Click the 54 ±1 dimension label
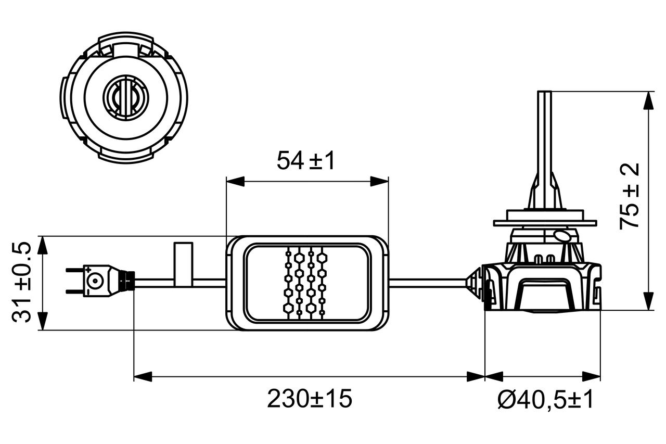point(306,161)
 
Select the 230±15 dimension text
point(310,399)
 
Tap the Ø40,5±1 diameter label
point(545,400)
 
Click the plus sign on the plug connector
point(88,270)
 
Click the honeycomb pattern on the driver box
point(306,283)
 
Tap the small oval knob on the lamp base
point(562,236)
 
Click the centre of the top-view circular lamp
point(124,97)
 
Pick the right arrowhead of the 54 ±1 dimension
point(380,181)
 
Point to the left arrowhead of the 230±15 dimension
point(143,376)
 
